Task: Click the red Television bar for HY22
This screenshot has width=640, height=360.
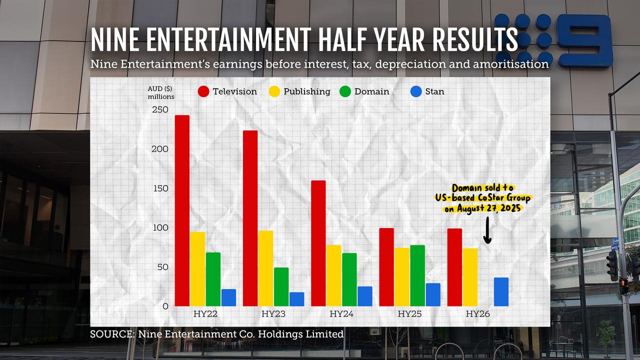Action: pos(182,210)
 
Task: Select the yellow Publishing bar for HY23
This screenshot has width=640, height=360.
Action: pos(265,268)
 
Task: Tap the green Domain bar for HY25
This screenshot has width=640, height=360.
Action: pos(417,275)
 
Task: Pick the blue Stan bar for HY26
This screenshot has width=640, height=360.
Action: pos(501,292)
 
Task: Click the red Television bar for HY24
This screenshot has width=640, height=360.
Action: pos(318,243)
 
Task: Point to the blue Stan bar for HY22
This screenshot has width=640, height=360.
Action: pos(228,297)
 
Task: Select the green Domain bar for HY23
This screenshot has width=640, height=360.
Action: pos(281,286)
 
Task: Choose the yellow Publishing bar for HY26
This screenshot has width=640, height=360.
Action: pos(470,277)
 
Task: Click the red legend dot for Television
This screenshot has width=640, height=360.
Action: pos(203,91)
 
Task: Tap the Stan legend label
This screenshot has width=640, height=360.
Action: pos(434,91)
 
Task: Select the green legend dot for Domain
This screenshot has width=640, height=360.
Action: pos(345,91)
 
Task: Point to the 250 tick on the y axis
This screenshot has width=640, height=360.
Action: pos(160,110)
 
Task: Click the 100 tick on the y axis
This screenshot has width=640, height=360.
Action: pos(160,228)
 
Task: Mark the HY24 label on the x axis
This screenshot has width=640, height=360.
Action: pos(341,314)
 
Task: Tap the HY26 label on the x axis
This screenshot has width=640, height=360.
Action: pos(477,314)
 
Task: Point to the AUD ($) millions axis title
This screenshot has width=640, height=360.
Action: pos(160,92)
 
